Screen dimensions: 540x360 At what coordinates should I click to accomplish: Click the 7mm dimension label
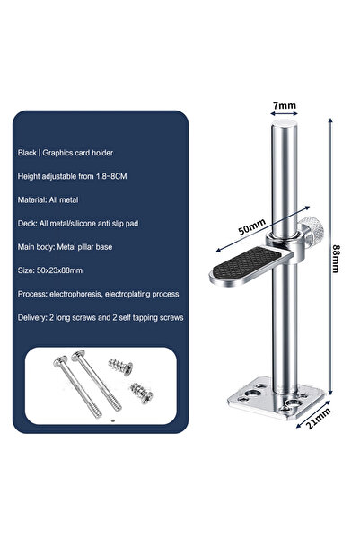(284, 106)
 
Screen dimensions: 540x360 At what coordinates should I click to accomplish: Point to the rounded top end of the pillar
(284, 131)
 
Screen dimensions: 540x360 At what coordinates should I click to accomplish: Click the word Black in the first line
(29, 152)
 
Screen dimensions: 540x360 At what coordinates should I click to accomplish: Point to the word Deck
(28, 223)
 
